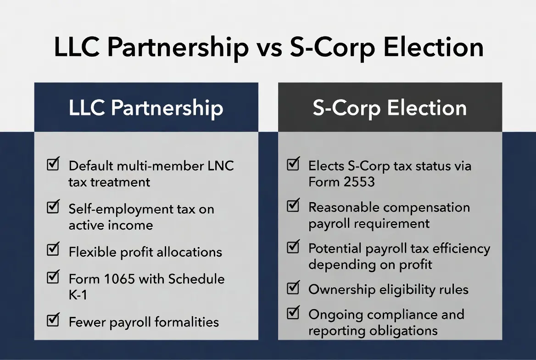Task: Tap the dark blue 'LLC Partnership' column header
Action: (x=146, y=107)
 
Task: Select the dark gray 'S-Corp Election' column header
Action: (x=390, y=107)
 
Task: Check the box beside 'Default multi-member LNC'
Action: (x=53, y=164)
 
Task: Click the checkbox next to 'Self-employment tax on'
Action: (x=53, y=208)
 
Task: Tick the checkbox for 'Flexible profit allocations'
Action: (x=53, y=250)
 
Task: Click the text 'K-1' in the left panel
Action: (x=78, y=294)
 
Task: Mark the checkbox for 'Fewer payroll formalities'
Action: (x=53, y=321)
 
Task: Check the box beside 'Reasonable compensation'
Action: (x=293, y=206)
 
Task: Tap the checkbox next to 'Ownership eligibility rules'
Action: (x=293, y=288)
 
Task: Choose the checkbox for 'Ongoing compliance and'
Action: (x=293, y=313)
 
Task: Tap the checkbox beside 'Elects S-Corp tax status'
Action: (x=293, y=164)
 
